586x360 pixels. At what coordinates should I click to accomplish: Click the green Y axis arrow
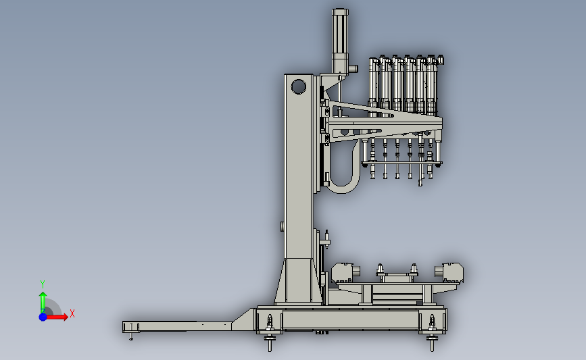[43, 303]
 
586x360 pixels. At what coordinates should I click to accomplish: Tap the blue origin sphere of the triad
[43, 317]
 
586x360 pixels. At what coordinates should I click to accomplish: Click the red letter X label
[72, 313]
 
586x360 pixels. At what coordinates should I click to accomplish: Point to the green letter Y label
[43, 284]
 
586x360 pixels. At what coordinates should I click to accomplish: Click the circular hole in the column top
[298, 86]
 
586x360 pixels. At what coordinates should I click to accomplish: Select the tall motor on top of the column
[340, 41]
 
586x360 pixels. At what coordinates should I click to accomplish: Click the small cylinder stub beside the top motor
[353, 69]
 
